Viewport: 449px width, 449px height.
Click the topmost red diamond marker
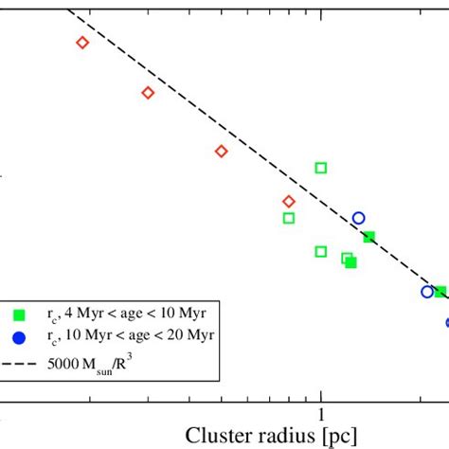point(82,42)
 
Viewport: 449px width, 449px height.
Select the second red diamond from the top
point(148,92)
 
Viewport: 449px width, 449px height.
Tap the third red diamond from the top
point(221,151)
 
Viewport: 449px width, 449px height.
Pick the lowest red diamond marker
point(289,201)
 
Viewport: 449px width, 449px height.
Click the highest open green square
point(321,168)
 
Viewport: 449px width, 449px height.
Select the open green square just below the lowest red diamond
point(289,218)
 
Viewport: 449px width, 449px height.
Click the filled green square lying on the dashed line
point(369,237)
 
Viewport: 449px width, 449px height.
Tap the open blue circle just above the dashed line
point(358,218)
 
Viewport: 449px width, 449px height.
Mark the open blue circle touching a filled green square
point(427,291)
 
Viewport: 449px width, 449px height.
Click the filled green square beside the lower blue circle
point(440,293)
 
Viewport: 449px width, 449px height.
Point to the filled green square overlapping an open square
point(351,261)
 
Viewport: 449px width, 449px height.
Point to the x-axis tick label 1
point(321,415)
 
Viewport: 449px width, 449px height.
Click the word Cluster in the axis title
point(219,436)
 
